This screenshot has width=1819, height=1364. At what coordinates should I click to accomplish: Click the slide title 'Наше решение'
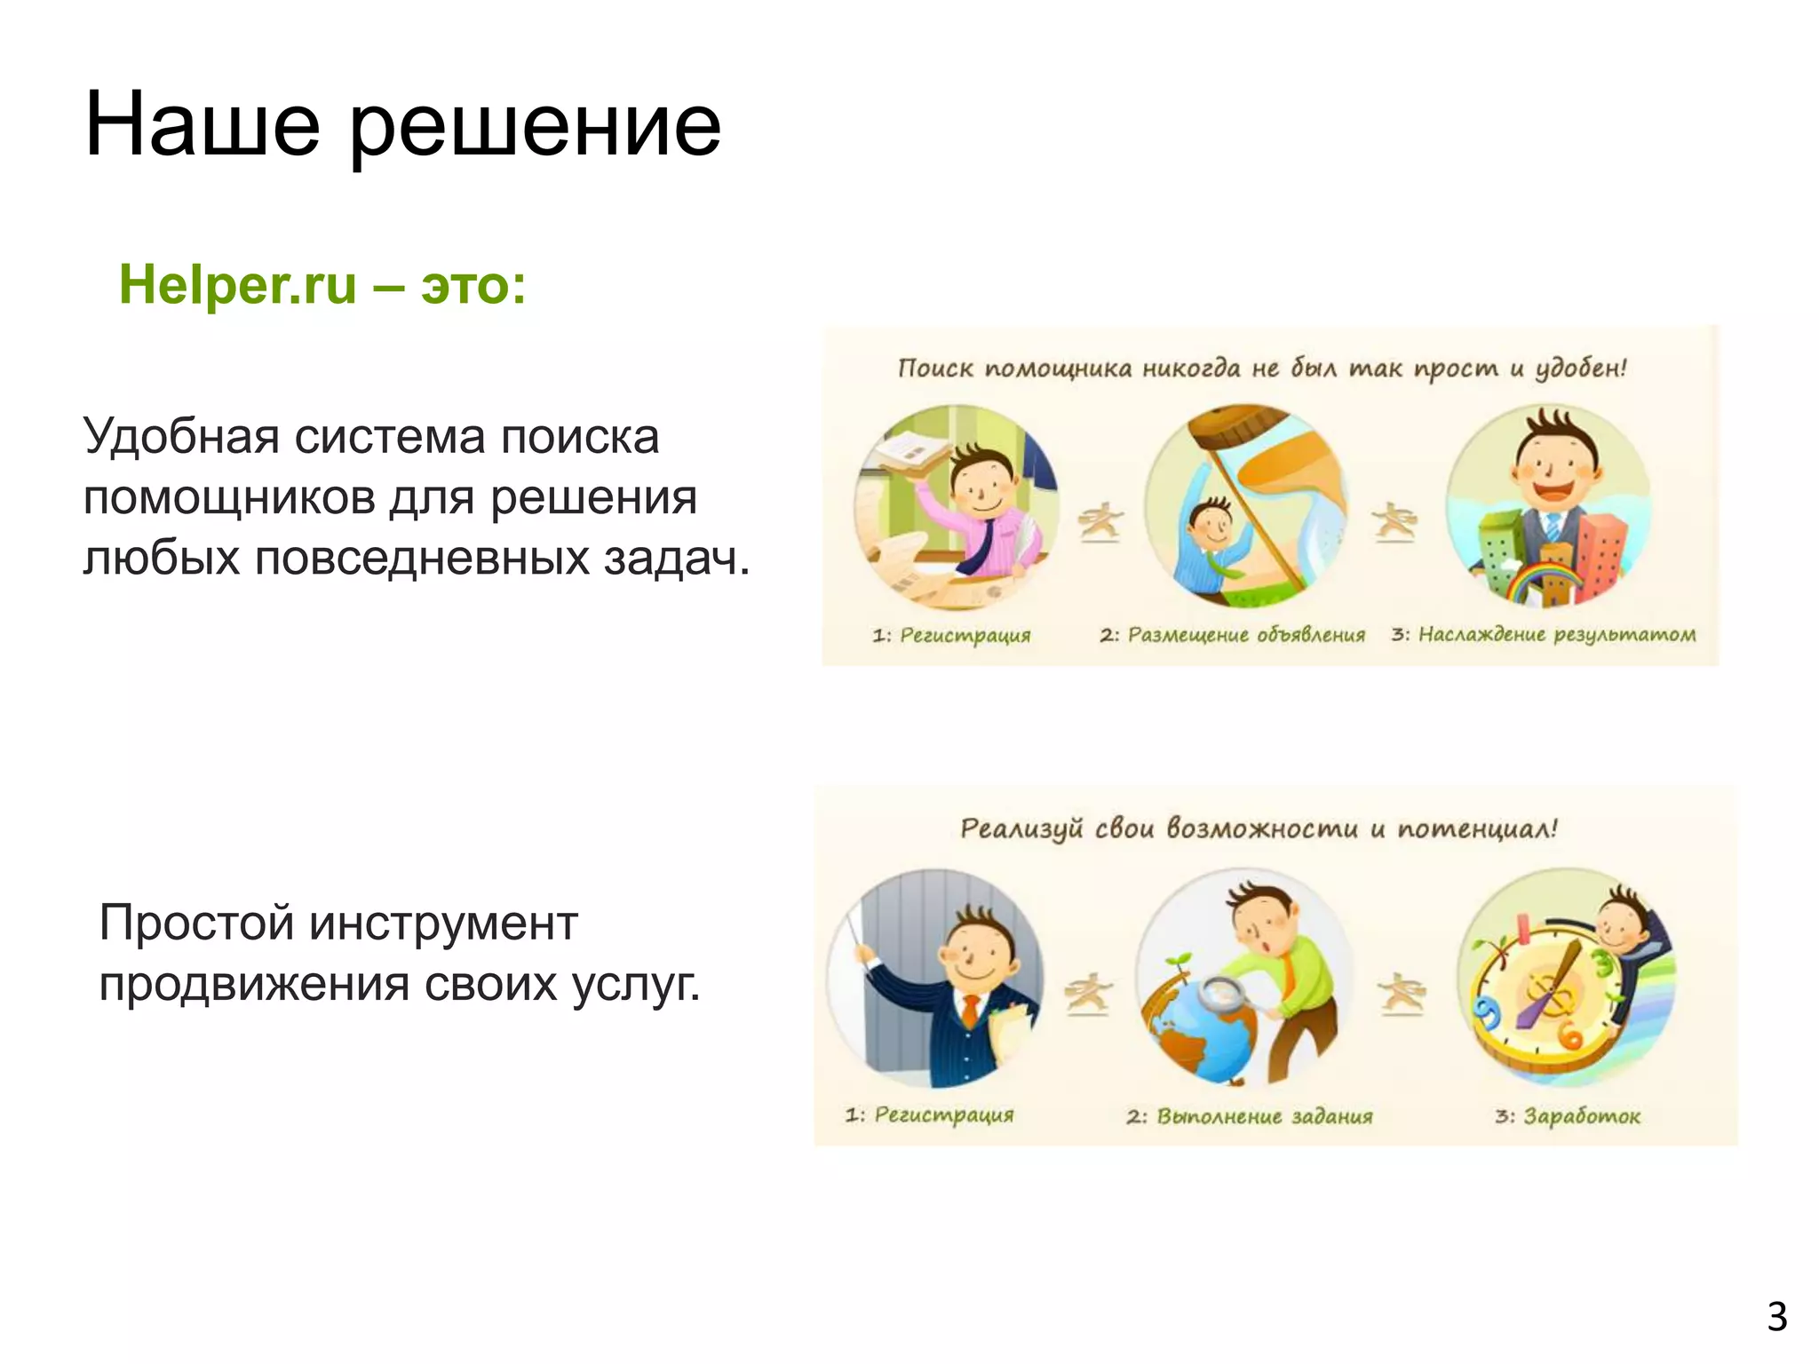402,125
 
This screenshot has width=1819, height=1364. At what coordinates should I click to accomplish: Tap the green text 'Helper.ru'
237,285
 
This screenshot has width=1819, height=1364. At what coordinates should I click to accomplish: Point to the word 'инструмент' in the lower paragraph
443,923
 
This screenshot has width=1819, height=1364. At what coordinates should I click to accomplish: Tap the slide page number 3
1775,1317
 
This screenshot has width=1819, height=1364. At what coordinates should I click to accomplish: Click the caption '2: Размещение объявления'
1232,635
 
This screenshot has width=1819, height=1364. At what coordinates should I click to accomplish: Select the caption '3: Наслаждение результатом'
1543,635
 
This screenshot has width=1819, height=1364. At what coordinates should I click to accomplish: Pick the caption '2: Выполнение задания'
1249,1116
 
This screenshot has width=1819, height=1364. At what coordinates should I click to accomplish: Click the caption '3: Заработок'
1568,1116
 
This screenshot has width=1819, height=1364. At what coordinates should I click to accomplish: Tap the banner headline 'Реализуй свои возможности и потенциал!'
1259,829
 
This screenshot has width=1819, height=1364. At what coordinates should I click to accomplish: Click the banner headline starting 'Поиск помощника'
1261,369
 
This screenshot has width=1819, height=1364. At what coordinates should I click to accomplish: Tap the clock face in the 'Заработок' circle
1541,995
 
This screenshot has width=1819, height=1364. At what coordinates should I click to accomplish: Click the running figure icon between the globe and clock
1402,993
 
